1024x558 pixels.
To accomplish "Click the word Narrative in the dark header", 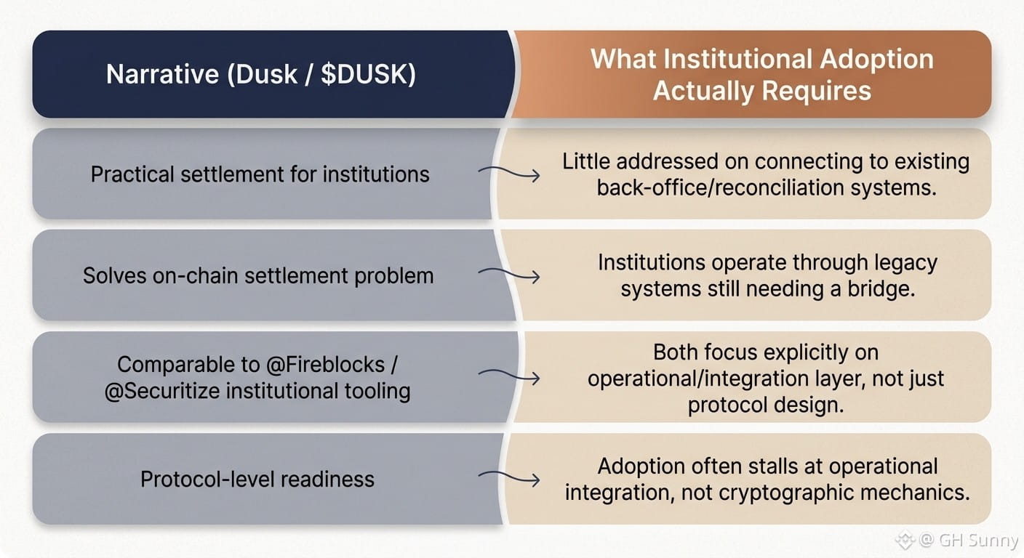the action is [162, 74].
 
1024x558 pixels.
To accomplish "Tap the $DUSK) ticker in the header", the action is [369, 74].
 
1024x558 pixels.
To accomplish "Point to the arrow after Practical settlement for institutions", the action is [509, 174].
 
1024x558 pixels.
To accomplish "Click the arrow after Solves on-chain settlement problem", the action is [509, 275].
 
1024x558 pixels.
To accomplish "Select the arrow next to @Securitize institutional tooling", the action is [509, 376].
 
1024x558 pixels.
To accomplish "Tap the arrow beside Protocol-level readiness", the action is [509, 478].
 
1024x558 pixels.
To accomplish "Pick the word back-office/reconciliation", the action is [721, 187].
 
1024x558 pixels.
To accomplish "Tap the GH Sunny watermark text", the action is [979, 541].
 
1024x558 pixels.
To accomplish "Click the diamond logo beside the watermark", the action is [905, 540].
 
